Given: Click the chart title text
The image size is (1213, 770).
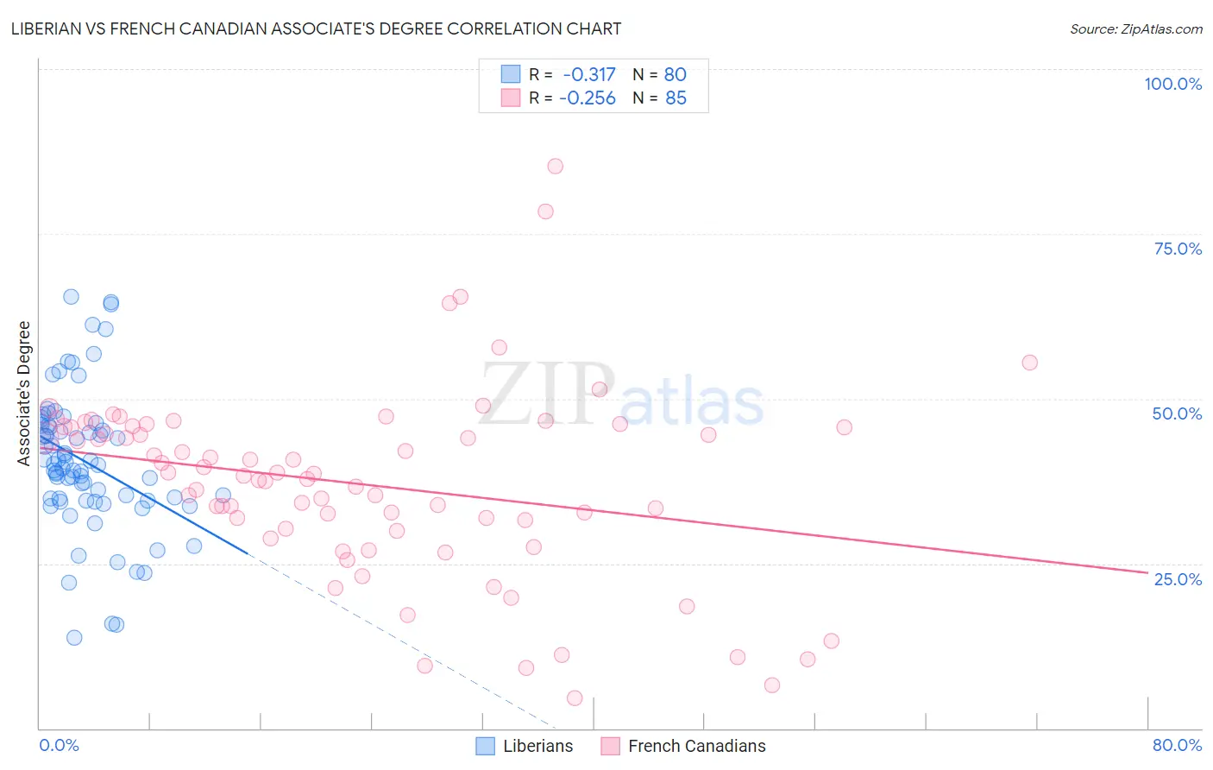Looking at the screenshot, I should point(316,28).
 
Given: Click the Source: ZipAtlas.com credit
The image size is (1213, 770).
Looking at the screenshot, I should point(1135,28).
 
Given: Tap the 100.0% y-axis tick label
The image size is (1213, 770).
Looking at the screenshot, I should point(1172,84).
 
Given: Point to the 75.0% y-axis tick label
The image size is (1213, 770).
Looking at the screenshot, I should point(1178,249).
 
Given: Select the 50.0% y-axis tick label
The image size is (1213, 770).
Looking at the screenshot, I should point(1177,413).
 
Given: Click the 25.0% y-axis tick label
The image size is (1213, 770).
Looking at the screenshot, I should point(1178,579).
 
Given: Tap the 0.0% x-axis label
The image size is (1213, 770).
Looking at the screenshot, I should point(59,745).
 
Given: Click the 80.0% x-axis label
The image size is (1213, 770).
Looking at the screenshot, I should point(1177,745).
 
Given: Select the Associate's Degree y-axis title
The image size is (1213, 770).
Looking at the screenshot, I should point(24,393).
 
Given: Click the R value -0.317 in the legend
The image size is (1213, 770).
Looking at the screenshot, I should point(589,75).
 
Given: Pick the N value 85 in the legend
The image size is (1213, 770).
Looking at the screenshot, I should point(676,98).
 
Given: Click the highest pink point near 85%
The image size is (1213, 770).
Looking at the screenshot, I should point(556,166).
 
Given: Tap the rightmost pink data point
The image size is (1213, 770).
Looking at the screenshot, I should point(1029,363).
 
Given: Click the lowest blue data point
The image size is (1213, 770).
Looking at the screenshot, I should point(74,637).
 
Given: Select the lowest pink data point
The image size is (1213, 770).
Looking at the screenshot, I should point(575,697).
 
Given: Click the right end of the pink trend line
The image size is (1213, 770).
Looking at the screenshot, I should point(1147,571).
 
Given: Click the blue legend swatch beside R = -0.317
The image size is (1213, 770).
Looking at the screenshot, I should point(511,75).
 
